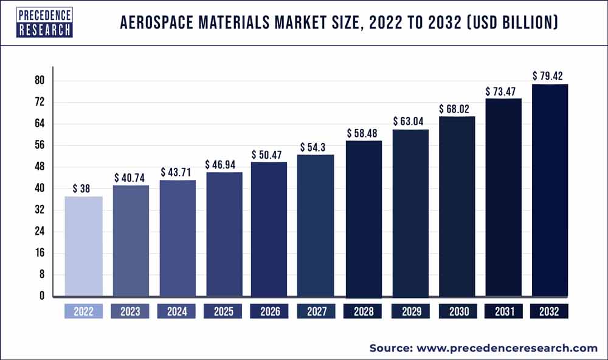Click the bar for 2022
click(83, 246)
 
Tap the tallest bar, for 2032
click(549, 190)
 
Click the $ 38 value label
click(83, 189)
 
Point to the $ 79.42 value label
click(549, 76)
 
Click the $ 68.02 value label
click(456, 109)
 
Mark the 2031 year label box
click(503, 311)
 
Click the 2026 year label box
click(270, 311)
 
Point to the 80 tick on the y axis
click(41, 80)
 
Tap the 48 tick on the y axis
click(41, 167)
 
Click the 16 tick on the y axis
click(41, 253)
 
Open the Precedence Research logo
click(37, 22)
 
